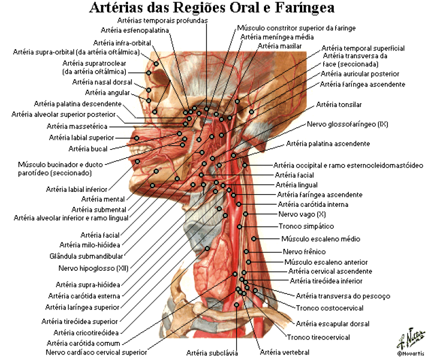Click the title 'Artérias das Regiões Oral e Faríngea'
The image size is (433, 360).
(212, 8)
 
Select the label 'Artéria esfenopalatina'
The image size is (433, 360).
(135, 31)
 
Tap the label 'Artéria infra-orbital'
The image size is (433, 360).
(122, 43)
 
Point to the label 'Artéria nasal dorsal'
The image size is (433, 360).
(102, 82)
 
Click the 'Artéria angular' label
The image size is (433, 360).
(107, 93)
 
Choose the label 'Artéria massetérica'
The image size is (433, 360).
(77, 126)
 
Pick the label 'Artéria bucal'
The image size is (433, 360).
(88, 149)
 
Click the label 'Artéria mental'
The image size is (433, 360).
(103, 199)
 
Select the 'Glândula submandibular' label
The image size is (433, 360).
(86, 256)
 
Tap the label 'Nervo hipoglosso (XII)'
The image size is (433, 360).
(94, 268)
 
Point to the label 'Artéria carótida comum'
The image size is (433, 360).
(83, 343)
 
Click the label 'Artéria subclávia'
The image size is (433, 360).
(212, 353)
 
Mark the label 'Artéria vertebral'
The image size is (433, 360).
(285, 353)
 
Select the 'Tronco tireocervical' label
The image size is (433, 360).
(318, 337)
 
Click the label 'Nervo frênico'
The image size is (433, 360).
(304, 252)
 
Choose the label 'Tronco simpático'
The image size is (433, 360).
(306, 226)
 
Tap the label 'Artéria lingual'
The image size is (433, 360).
(297, 185)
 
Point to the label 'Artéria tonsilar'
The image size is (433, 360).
(339, 105)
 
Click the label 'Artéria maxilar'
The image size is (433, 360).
(280, 46)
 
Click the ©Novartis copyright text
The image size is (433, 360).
(411, 353)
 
